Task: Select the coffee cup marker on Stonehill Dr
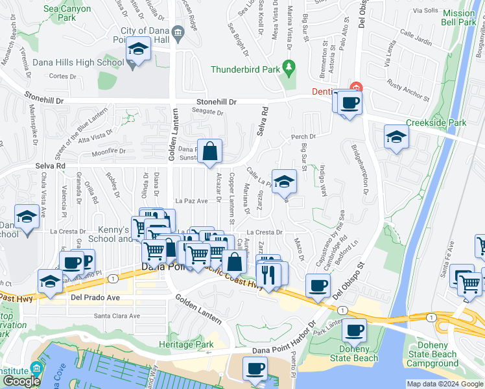(x=350, y=102)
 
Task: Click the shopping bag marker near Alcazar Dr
(x=209, y=152)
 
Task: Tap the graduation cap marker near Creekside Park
(x=396, y=137)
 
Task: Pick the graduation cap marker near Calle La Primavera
(x=283, y=182)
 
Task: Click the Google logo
(x=21, y=381)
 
